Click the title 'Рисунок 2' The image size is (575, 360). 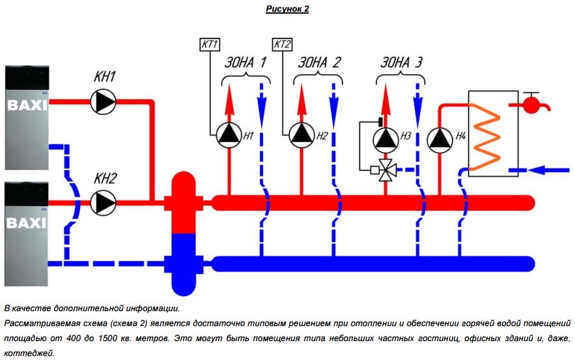(287, 9)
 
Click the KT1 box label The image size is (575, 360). (210, 45)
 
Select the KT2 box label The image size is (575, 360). (282, 45)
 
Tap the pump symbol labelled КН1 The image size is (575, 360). (103, 102)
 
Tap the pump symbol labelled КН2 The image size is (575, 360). (103, 202)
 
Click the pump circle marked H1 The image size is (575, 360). (229, 135)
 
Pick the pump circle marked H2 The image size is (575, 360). (301, 135)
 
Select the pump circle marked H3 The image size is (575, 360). (386, 138)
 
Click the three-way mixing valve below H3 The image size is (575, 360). (386, 170)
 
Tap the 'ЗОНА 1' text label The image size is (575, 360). (245, 63)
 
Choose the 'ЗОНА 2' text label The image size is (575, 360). (318, 63)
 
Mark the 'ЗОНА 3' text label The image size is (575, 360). (401, 63)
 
